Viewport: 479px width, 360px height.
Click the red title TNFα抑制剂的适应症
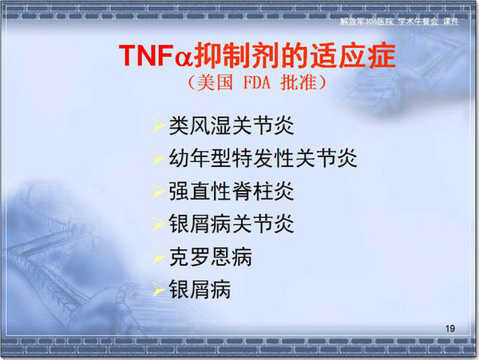click(x=257, y=55)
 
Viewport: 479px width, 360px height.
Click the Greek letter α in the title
click(x=184, y=57)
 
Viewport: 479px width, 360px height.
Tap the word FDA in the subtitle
click(x=257, y=82)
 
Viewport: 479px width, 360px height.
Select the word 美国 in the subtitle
click(x=215, y=82)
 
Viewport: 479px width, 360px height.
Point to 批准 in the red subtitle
click(x=298, y=82)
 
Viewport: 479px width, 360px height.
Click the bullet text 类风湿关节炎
click(x=232, y=125)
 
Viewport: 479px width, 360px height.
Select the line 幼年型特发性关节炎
click(x=263, y=158)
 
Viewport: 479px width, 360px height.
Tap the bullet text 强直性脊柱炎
click(x=232, y=191)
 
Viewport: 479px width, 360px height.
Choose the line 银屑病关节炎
click(x=232, y=224)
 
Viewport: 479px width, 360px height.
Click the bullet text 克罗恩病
click(x=211, y=257)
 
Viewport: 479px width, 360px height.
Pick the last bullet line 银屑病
click(x=200, y=290)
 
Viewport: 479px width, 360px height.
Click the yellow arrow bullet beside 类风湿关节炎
click(x=159, y=125)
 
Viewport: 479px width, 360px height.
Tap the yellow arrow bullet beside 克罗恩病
click(x=159, y=256)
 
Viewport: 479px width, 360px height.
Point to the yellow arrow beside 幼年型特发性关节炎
click(x=159, y=157)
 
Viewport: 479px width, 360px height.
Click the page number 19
click(x=450, y=329)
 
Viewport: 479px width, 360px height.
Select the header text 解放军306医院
click(x=366, y=22)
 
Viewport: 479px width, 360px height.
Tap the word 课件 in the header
click(x=450, y=22)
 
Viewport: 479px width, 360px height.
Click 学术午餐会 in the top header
click(x=418, y=22)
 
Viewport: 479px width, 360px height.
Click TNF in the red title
click(x=147, y=56)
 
